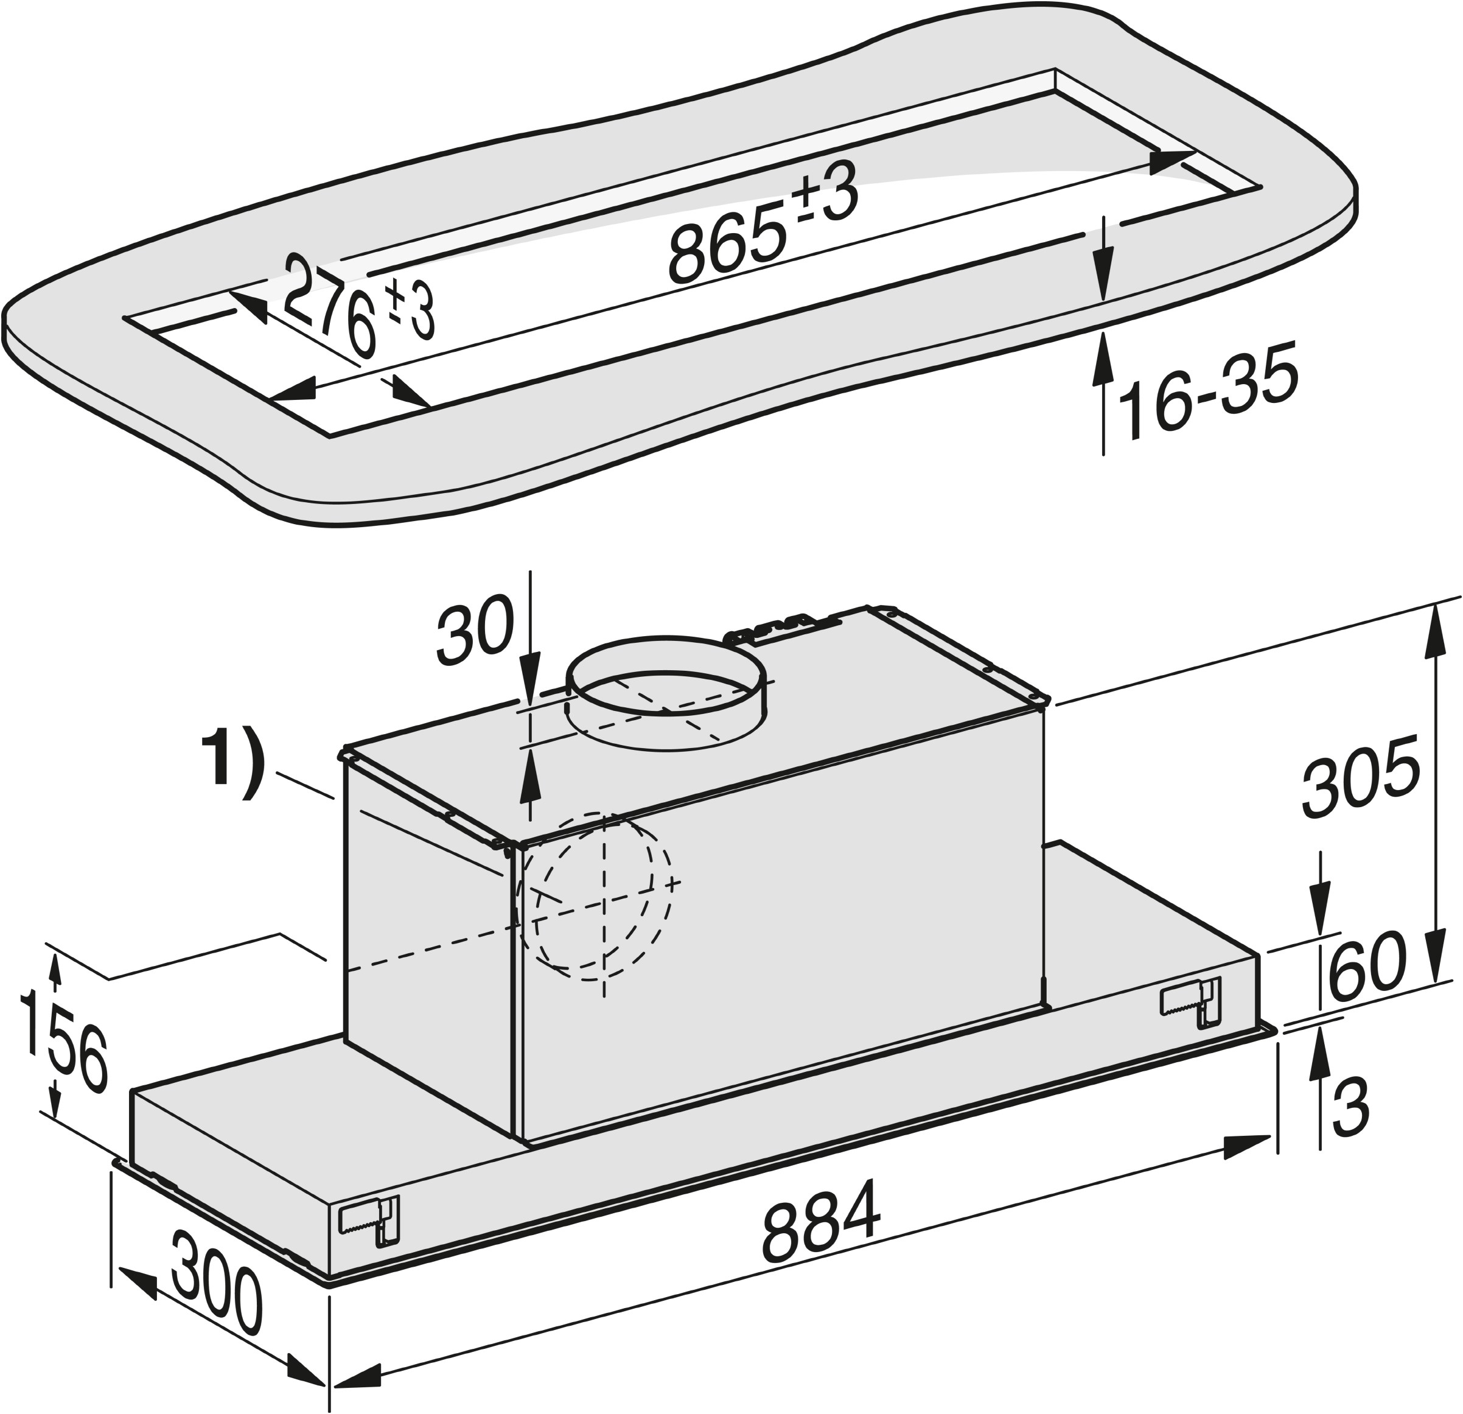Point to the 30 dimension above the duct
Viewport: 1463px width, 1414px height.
click(x=475, y=634)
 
